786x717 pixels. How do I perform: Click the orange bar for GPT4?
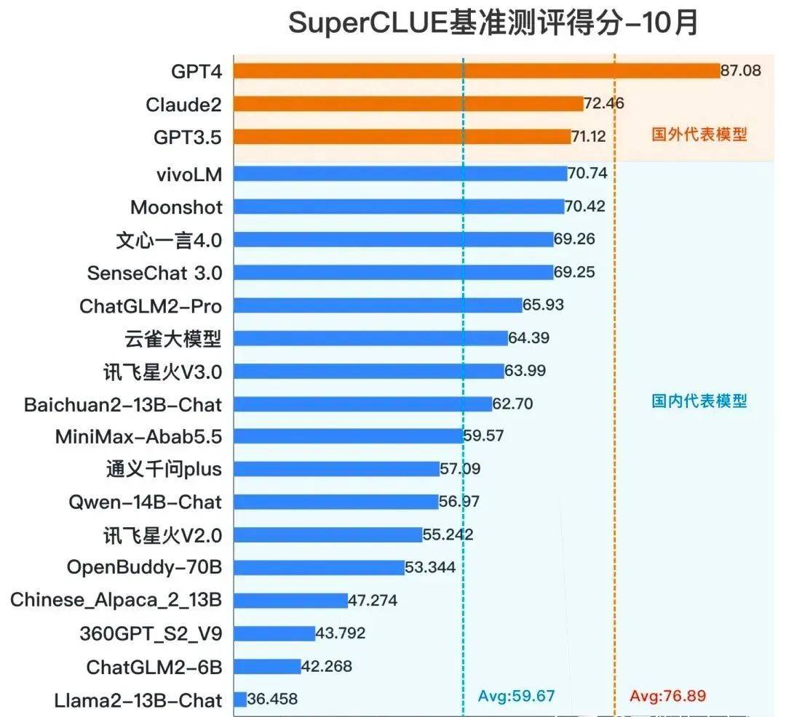tap(477, 71)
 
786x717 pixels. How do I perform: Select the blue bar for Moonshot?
tap(399, 207)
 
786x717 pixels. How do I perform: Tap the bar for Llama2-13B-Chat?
tap(240, 700)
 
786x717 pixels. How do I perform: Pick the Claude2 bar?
tap(408, 104)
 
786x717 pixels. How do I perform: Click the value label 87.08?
tap(741, 71)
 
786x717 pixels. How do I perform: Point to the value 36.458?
tap(273, 700)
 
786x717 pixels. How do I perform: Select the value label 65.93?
tap(544, 305)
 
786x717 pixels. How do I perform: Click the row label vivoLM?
tap(188, 175)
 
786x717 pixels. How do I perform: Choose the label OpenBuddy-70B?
tap(144, 567)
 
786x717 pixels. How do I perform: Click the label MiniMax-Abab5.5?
tap(139, 436)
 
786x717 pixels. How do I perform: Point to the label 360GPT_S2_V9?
tap(151, 633)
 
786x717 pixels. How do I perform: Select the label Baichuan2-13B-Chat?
tap(123, 404)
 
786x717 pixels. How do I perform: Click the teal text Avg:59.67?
tap(517, 696)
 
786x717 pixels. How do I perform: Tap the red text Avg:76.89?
tap(668, 696)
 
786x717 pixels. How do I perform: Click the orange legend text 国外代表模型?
tap(699, 135)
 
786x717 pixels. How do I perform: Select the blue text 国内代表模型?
tap(699, 401)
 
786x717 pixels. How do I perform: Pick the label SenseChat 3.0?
tap(154, 273)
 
